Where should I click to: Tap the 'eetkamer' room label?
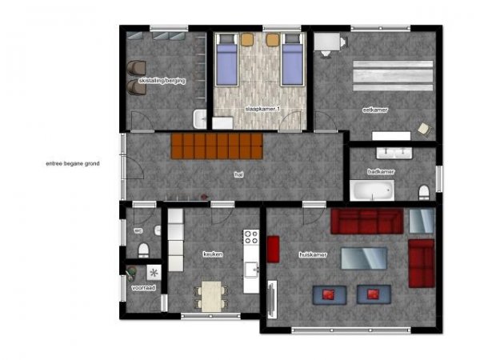coord(375,110)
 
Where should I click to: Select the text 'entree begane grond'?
coord(73,163)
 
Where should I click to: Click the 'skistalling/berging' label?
coord(162,81)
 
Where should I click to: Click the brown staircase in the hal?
coord(217,146)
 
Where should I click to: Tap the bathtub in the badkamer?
coord(372,191)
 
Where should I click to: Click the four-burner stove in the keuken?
coord(251,237)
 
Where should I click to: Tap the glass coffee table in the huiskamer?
coord(364,258)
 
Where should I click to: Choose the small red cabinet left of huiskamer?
coord(273,249)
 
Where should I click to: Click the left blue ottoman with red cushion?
coord(328,294)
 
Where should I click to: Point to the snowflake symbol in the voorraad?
coord(153,270)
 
